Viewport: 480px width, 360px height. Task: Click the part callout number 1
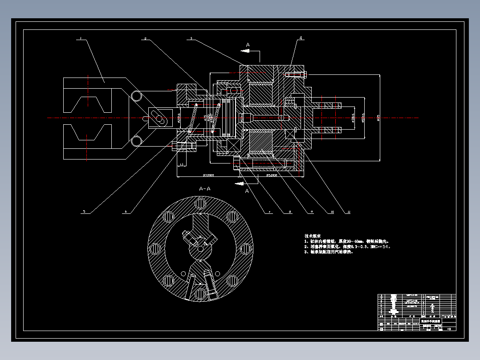click(x=81, y=39)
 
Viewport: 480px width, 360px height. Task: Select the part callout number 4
click(x=301, y=38)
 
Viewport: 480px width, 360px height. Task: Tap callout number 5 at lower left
click(x=83, y=212)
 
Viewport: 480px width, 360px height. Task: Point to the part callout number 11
click(x=343, y=212)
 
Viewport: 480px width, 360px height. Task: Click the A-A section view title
click(x=205, y=189)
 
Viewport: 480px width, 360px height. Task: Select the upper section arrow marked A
click(x=248, y=45)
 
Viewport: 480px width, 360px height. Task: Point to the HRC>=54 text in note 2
click(x=380, y=246)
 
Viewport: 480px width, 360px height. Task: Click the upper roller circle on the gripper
click(x=136, y=95)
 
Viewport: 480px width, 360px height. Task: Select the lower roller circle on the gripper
click(x=136, y=141)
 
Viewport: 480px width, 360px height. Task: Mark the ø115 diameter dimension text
click(x=378, y=118)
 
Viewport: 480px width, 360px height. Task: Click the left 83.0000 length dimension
click(x=208, y=175)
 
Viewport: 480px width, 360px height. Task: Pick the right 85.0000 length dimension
click(x=272, y=175)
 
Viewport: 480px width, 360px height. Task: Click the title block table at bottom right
click(x=417, y=312)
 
